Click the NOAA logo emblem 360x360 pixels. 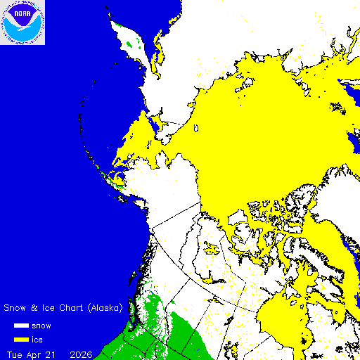22,22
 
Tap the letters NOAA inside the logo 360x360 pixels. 22,13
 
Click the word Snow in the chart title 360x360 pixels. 15,308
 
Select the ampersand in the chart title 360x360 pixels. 32,308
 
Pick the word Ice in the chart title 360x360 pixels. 44,308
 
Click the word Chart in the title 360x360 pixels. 65,308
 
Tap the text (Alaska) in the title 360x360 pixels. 102,308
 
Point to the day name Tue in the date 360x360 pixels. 15,353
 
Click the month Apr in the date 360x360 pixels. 37,353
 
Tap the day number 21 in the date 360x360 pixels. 55,353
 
